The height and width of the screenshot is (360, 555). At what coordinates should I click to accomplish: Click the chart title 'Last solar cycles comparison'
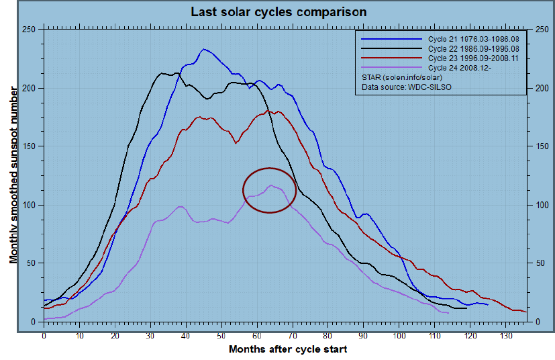tap(279, 12)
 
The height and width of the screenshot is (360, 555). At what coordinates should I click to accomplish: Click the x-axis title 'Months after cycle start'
tap(288, 349)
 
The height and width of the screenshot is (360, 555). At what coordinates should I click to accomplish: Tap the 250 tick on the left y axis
tap(28, 30)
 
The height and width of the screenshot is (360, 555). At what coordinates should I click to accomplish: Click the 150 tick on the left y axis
tap(28, 146)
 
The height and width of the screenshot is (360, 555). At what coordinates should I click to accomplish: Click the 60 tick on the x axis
tap(257, 334)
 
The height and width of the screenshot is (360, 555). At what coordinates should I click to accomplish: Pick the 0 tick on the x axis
tap(44, 334)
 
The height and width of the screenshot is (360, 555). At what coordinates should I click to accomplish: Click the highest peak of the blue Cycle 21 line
tap(204, 49)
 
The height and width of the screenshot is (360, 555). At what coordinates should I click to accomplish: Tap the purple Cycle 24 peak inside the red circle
tap(270, 185)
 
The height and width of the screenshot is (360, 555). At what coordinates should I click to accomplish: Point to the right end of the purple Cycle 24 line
tap(448, 313)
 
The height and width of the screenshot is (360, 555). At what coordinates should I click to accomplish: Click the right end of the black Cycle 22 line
tap(466, 308)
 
